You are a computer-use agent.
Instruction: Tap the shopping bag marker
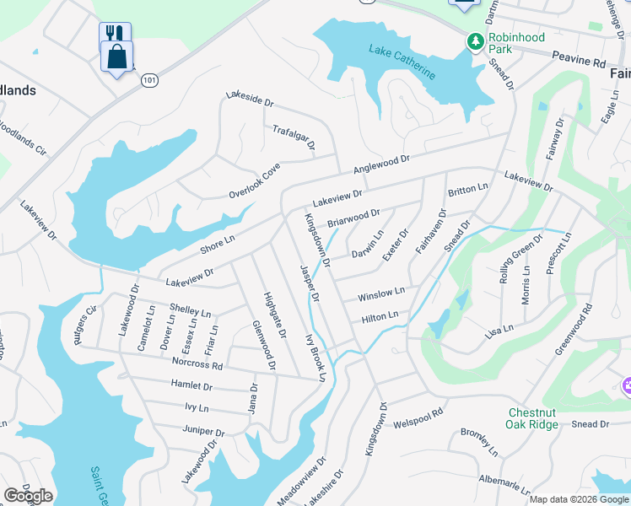(x=116, y=58)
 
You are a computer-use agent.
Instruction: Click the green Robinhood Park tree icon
(x=476, y=40)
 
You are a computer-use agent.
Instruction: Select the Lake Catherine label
(x=402, y=62)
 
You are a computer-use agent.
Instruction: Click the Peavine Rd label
(x=580, y=63)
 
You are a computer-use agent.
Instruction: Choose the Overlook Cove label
(x=254, y=182)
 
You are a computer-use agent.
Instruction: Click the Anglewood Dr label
(x=380, y=164)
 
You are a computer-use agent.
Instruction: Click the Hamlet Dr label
(x=191, y=386)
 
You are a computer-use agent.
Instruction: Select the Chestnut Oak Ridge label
(x=532, y=418)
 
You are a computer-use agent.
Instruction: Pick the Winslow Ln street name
(x=381, y=295)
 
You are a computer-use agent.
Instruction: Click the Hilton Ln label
(x=380, y=317)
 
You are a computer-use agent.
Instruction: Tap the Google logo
(x=28, y=496)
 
